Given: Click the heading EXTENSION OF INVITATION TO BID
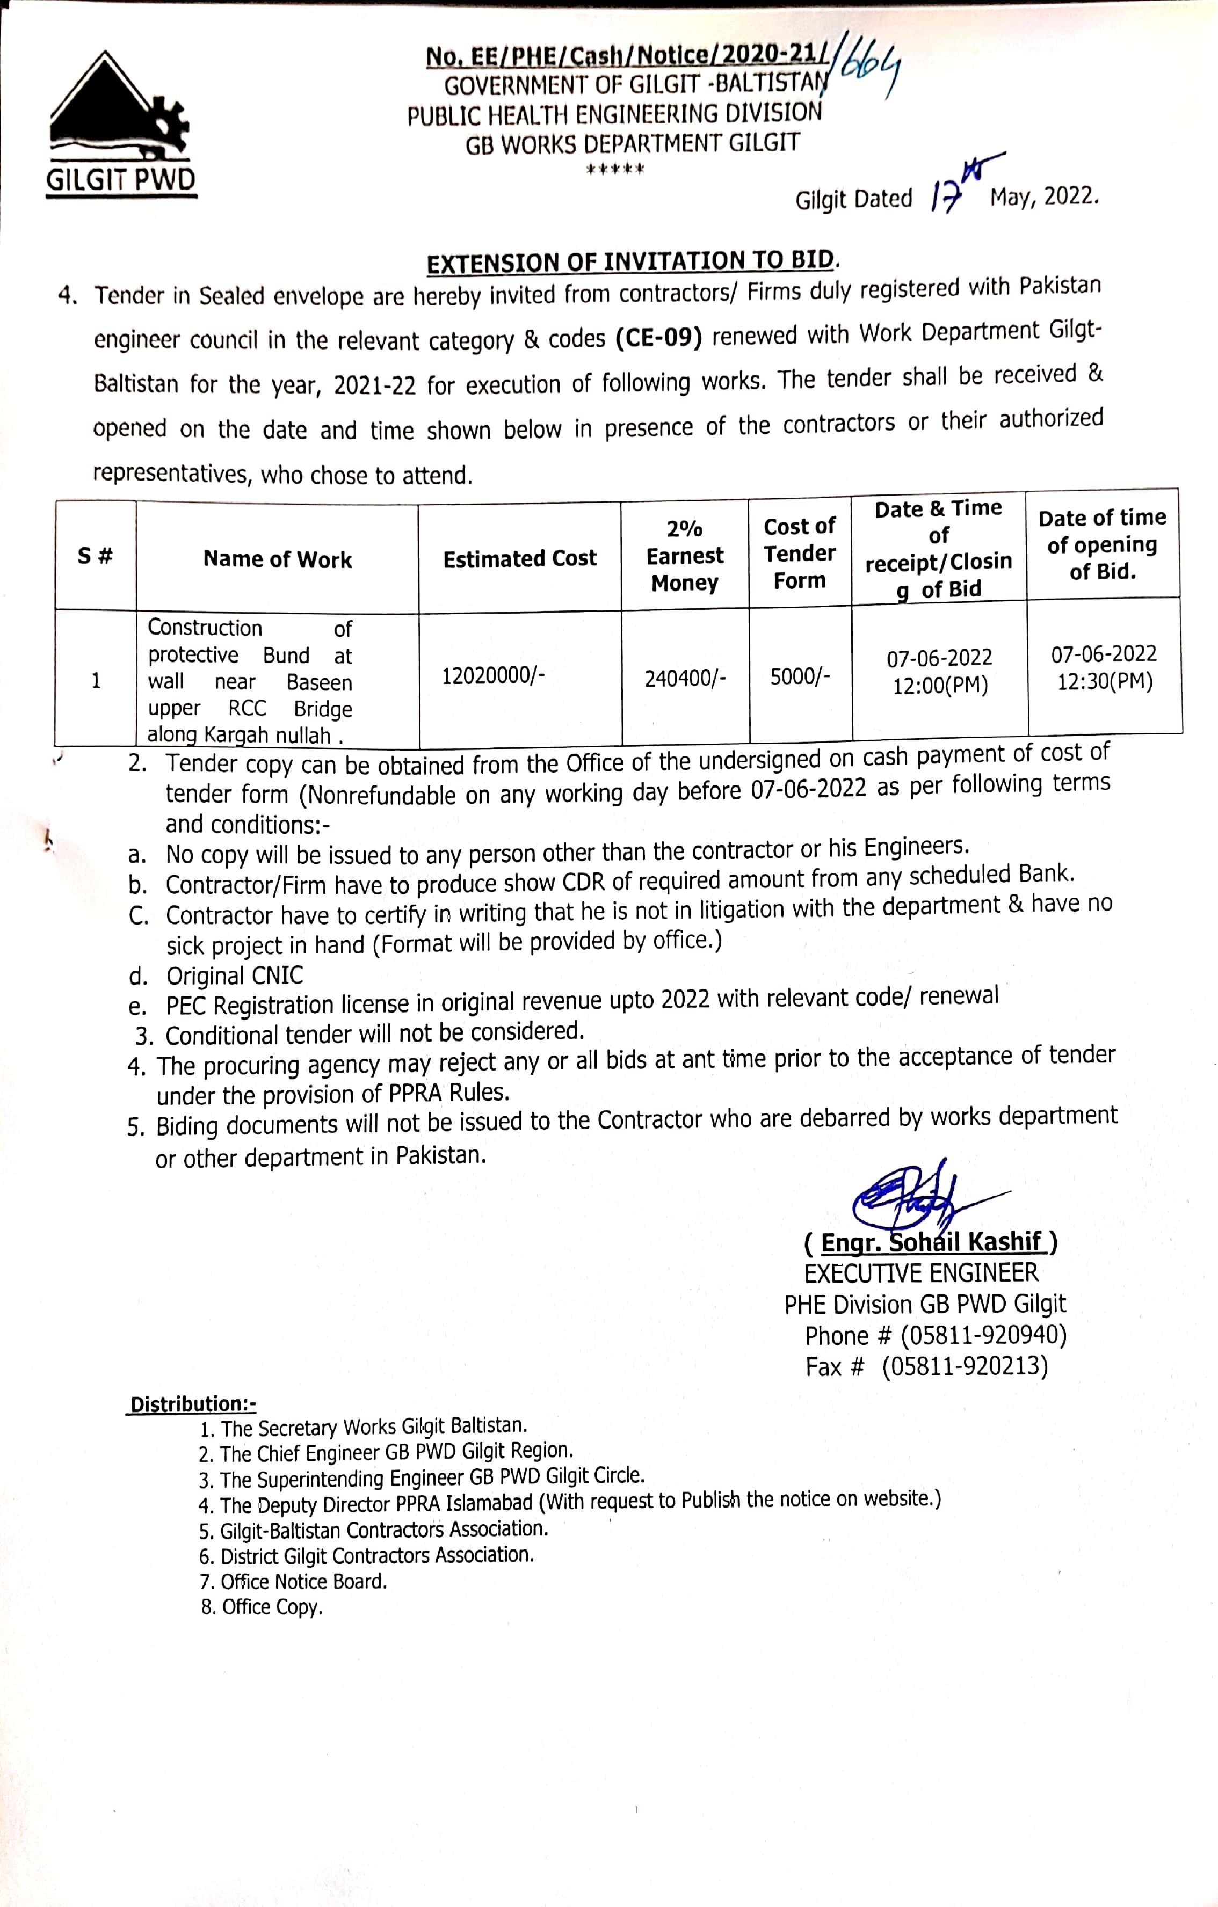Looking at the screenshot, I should click(x=630, y=261).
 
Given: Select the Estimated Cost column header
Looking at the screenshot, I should click(x=519, y=559).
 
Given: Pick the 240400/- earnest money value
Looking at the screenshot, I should click(x=685, y=679).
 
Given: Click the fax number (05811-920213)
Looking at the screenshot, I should click(x=965, y=1367).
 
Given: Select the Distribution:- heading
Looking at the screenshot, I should click(x=192, y=1404).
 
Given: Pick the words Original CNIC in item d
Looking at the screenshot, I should click(x=234, y=976).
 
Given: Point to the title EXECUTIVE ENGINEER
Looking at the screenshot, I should click(x=921, y=1273).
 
